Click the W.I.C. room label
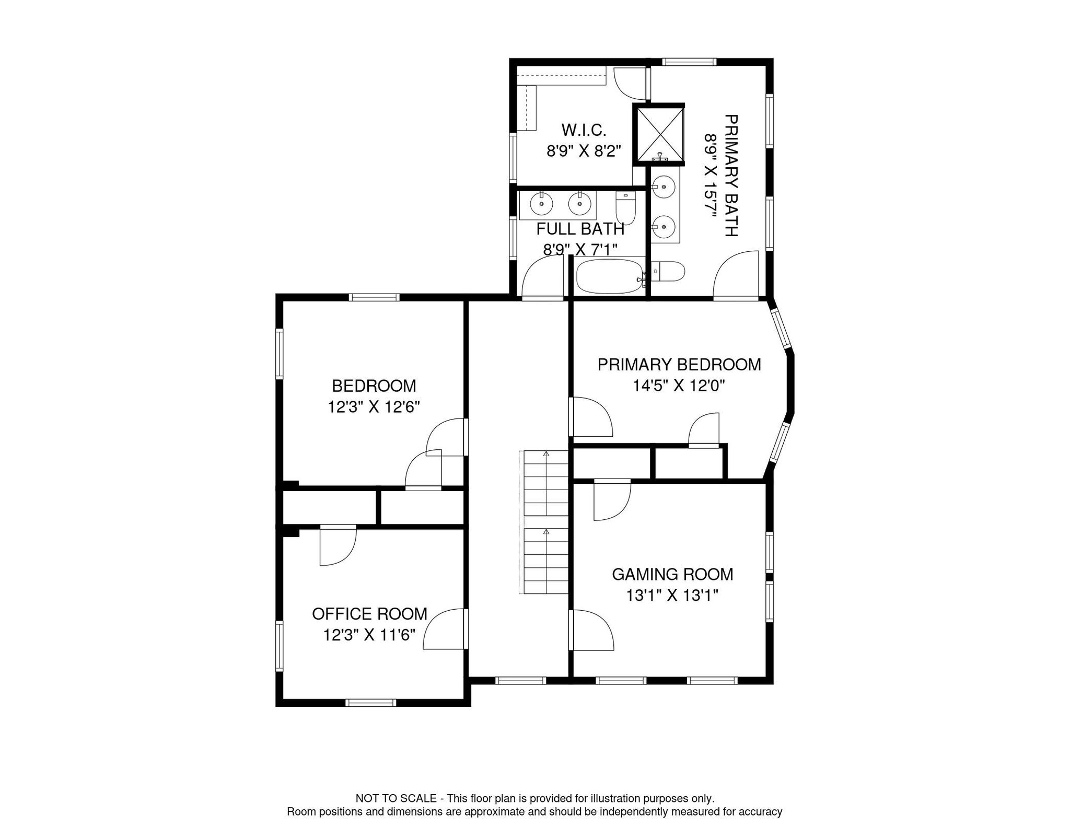coord(584,130)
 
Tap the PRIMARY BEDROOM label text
coord(679,365)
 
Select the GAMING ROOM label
coord(672,575)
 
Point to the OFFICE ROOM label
coord(369,614)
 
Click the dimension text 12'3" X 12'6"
coord(374,407)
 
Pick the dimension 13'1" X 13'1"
coord(672,596)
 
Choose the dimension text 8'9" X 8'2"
coord(584,152)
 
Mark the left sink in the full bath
coord(541,204)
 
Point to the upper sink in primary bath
coord(664,185)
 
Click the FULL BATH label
coord(580,229)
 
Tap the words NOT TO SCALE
coord(396,798)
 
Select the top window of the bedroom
coord(374,297)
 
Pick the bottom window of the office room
coord(372,703)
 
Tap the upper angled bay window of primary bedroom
coord(782,328)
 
